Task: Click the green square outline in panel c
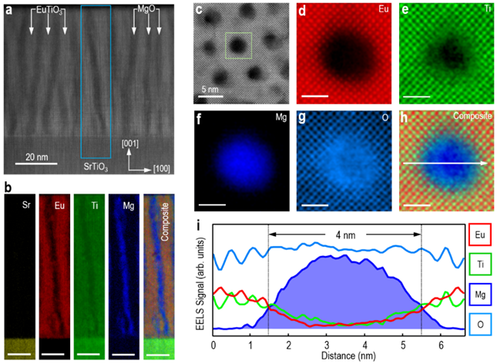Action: click(238, 45)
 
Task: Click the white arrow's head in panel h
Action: click(483, 163)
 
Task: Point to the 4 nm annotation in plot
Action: click(345, 231)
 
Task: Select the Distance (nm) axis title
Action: click(339, 356)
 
